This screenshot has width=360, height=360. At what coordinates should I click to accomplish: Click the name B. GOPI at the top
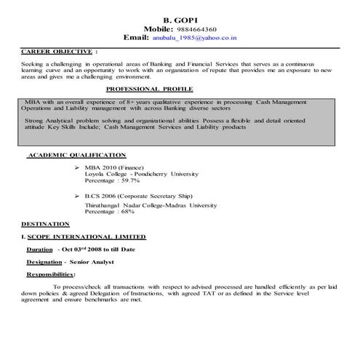[x=180, y=16]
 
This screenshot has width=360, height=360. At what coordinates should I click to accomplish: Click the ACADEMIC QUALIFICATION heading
[x=76, y=155]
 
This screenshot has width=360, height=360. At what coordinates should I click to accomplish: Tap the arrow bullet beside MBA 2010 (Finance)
[x=77, y=167]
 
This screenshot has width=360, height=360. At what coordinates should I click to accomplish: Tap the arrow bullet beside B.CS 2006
[x=77, y=197]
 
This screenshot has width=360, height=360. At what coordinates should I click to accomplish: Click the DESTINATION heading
[x=45, y=224]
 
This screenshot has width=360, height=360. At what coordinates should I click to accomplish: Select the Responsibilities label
[x=50, y=274]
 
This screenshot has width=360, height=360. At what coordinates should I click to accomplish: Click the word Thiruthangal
[x=105, y=206]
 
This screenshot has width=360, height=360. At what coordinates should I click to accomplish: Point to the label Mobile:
[x=163, y=26]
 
